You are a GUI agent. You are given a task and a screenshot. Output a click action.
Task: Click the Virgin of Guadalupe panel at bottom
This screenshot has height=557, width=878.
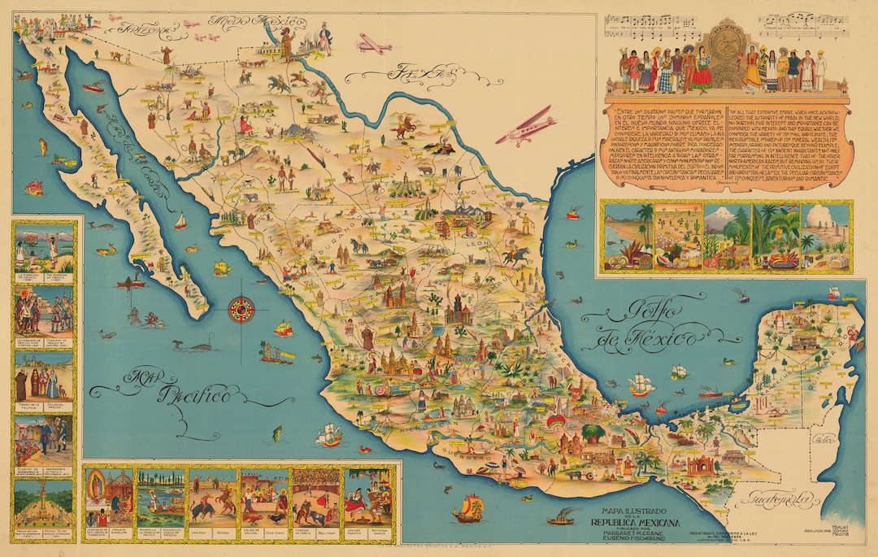(108, 497)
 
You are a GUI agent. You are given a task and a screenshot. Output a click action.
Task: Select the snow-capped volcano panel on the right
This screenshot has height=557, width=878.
(727, 235)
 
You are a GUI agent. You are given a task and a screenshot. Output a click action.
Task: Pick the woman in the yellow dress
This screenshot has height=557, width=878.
(751, 70)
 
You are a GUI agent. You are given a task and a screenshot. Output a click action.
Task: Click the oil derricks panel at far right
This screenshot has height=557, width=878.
(825, 235)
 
